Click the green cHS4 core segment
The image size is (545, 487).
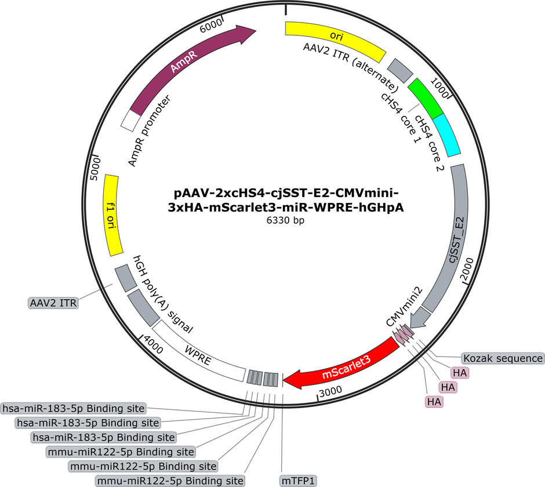[x=426, y=99]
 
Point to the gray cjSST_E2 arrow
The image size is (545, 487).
[x=448, y=244]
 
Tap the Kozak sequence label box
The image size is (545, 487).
[x=503, y=358]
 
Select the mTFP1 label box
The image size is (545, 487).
[x=298, y=481]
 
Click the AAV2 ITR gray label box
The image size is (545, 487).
[x=53, y=303]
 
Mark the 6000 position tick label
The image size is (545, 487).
[x=210, y=26]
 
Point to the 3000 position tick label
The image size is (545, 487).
[x=330, y=392]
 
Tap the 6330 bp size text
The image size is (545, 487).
[x=285, y=220]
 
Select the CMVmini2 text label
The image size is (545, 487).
[x=405, y=307]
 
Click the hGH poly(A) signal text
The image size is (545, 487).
[x=163, y=295]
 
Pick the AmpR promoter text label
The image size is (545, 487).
[x=150, y=130]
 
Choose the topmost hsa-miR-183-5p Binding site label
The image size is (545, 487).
[x=73, y=408]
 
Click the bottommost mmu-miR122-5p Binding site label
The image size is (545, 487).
[x=170, y=481]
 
